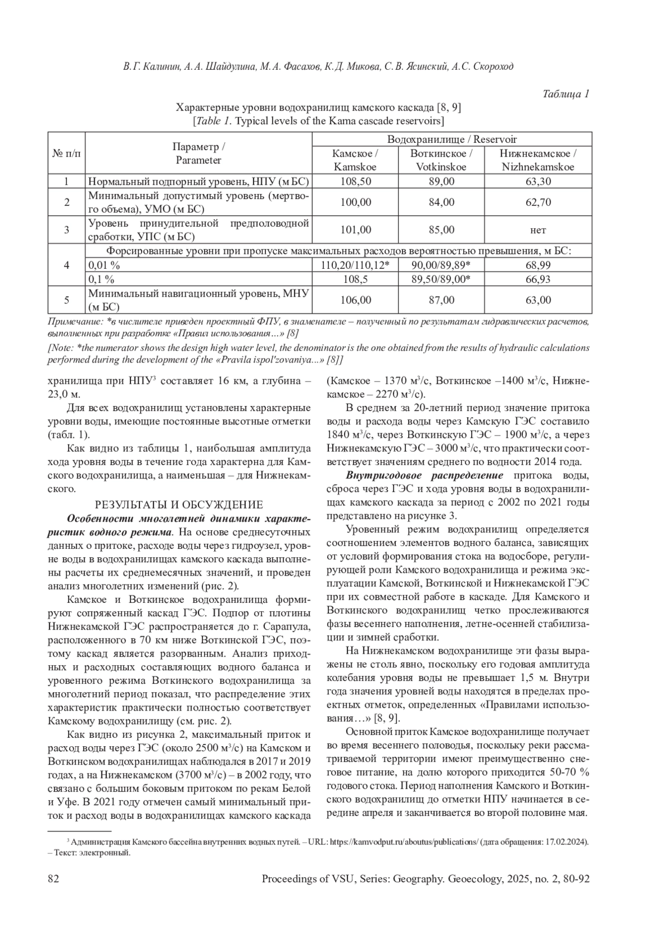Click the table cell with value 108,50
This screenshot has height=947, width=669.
pyautogui.click(x=355, y=181)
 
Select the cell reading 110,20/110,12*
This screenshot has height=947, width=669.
pyautogui.click(x=355, y=265)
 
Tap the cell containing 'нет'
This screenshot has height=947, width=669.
pyautogui.click(x=538, y=230)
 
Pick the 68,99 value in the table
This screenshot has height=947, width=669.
pyautogui.click(x=538, y=265)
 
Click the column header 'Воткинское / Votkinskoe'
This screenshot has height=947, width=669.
pyautogui.click(x=441, y=160)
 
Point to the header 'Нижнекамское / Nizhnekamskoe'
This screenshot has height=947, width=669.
pyautogui.click(x=538, y=160)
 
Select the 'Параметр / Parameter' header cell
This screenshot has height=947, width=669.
pyautogui.click(x=198, y=153)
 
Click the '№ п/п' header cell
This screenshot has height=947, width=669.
pyautogui.click(x=66, y=153)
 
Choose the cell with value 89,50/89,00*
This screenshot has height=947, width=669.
pyautogui.click(x=441, y=279)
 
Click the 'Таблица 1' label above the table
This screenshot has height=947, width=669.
pyautogui.click(x=566, y=94)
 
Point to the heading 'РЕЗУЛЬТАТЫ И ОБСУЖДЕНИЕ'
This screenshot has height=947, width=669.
pyautogui.click(x=178, y=505)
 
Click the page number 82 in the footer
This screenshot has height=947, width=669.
pyautogui.click(x=54, y=879)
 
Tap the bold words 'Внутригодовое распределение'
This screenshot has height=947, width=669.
pyautogui.click(x=424, y=476)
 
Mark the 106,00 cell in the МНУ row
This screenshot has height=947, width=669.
pyautogui.click(x=355, y=300)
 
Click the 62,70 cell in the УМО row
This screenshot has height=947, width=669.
pyautogui.click(x=538, y=202)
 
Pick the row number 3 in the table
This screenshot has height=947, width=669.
pyautogui.click(x=66, y=230)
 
